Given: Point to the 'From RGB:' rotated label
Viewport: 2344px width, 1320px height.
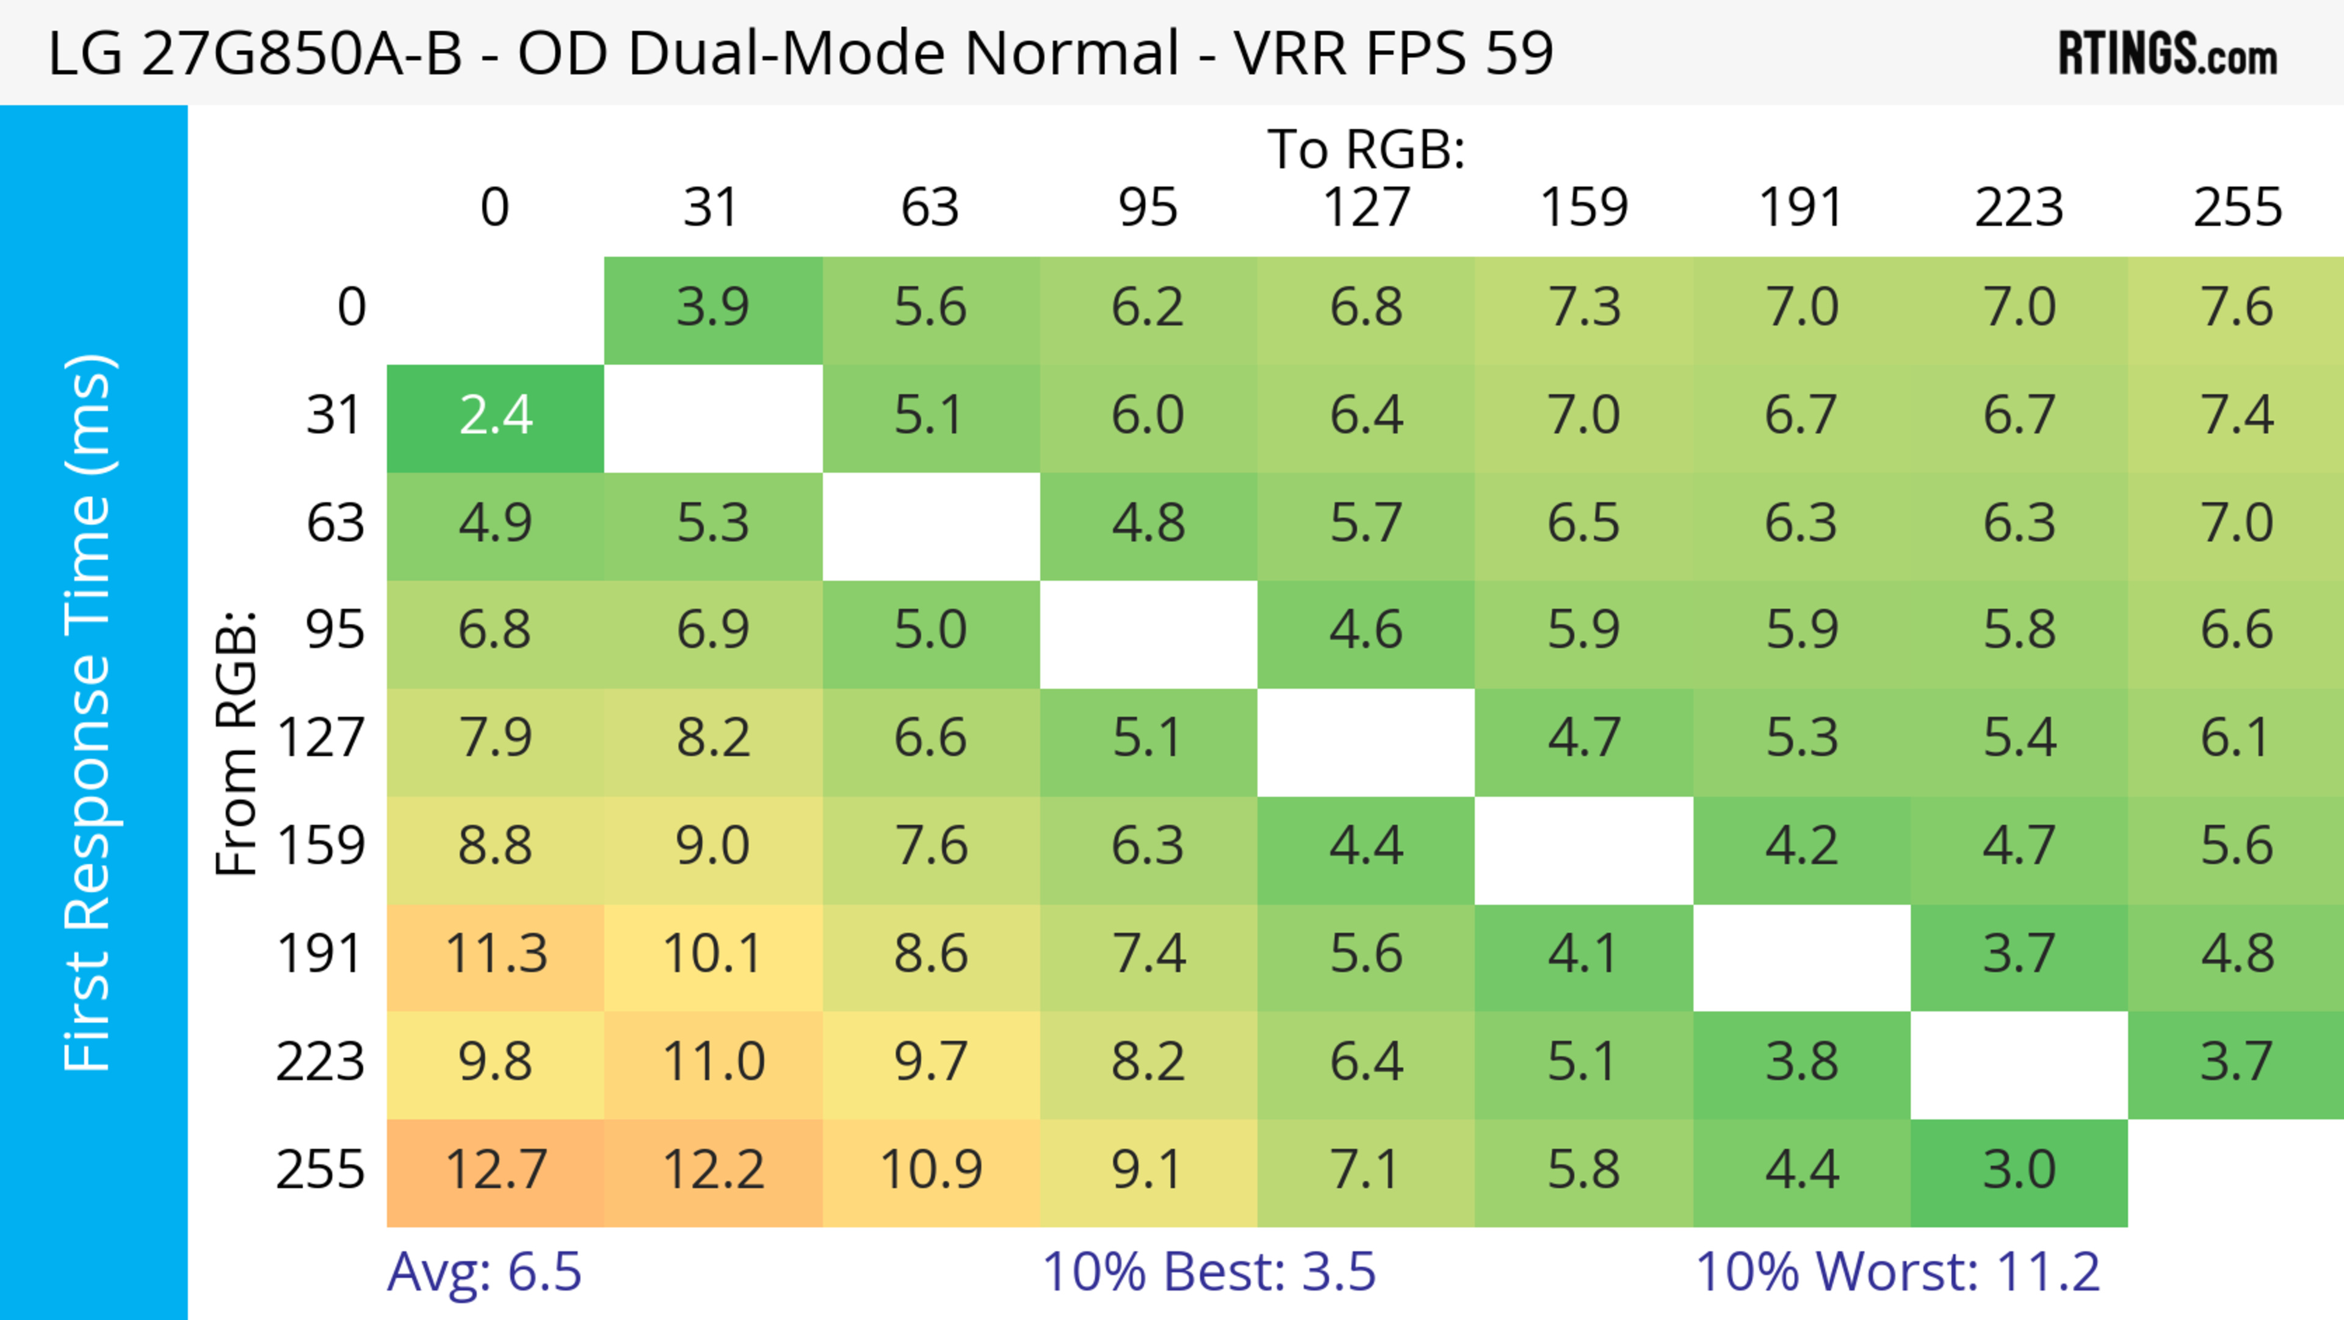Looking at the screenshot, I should click(236, 742).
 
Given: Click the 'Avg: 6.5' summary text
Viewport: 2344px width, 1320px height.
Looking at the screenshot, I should click(484, 1271).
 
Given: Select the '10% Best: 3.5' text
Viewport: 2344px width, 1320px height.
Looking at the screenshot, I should click(1209, 1271).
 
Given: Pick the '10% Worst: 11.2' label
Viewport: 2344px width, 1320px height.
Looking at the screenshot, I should click(1897, 1271).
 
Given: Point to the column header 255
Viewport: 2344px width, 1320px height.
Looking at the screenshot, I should click(2237, 208).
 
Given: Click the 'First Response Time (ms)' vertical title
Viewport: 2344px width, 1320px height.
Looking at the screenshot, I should click(89, 712).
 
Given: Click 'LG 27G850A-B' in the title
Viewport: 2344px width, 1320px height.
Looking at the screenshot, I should click(255, 53).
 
